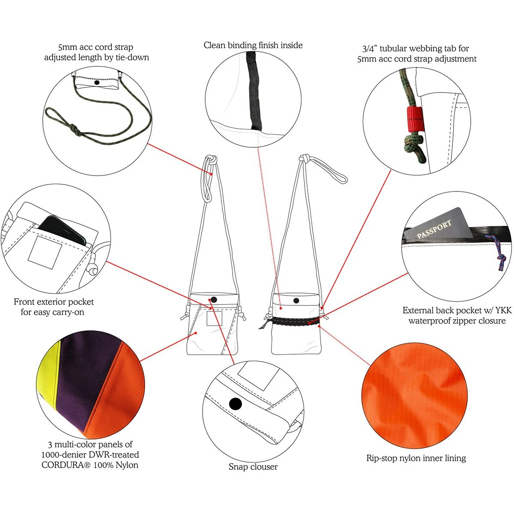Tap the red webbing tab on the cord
[415, 119]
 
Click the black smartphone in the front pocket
[62, 230]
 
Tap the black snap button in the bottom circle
[235, 404]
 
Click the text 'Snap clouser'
[253, 466]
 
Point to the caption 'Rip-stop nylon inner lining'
[416, 458]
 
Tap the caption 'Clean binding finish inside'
[253, 45]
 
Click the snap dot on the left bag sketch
[214, 299]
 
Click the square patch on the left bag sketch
[215, 318]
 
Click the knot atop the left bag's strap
[211, 159]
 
